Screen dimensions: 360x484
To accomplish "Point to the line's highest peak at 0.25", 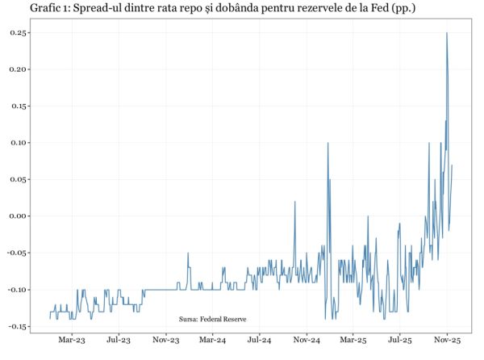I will pos(447,33).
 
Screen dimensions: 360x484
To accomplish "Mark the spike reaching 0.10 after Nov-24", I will pos(328,144).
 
